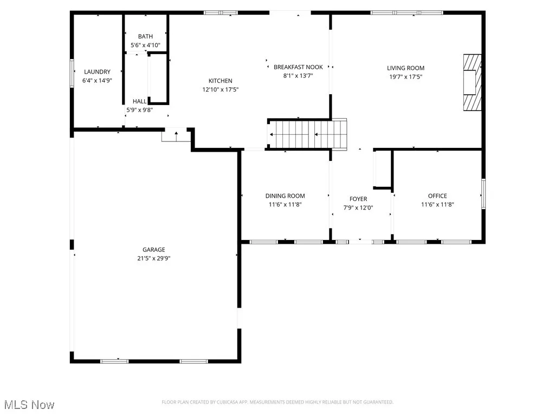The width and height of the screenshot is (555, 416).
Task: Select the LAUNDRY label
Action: click(x=97, y=71)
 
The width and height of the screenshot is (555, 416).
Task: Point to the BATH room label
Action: click(x=145, y=37)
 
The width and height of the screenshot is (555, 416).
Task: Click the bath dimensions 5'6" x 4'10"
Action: click(x=145, y=45)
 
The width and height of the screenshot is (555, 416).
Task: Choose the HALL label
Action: click(x=139, y=101)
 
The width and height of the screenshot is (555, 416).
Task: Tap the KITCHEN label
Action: click(x=221, y=81)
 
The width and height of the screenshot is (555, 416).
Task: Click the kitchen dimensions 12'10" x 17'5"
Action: click(x=221, y=89)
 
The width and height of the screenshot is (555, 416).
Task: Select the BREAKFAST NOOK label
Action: click(x=298, y=67)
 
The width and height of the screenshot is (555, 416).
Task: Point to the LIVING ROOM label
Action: click(x=405, y=68)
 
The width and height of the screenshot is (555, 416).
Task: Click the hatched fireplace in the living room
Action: click(x=472, y=82)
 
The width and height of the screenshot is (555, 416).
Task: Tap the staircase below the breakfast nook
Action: click(x=307, y=134)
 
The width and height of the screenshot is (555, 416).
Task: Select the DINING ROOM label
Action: click(x=285, y=196)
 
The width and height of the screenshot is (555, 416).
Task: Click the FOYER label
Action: click(x=358, y=199)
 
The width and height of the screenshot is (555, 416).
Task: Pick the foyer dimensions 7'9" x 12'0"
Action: click(x=358, y=207)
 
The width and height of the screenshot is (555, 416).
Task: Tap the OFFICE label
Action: click(x=437, y=196)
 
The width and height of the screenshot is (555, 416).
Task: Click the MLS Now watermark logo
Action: click(x=29, y=405)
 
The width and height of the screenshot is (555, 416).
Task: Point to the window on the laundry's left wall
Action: click(x=72, y=73)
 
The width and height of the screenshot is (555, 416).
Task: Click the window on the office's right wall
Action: click(x=483, y=194)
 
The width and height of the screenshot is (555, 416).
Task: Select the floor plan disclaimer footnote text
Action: click(x=277, y=402)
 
